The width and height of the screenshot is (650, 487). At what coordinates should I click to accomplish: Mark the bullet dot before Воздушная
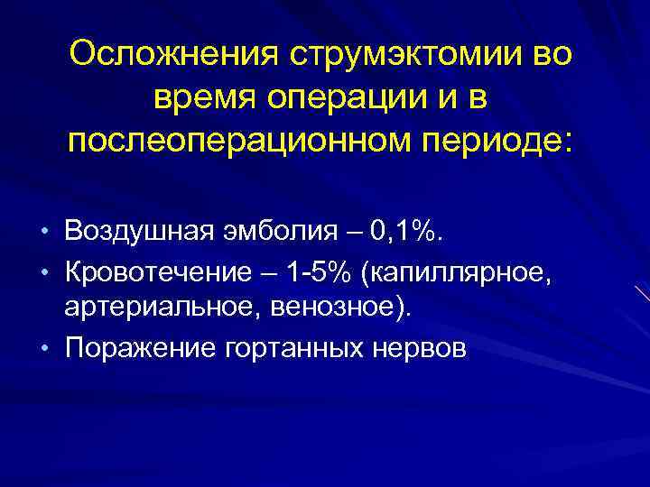(x=46, y=235)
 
